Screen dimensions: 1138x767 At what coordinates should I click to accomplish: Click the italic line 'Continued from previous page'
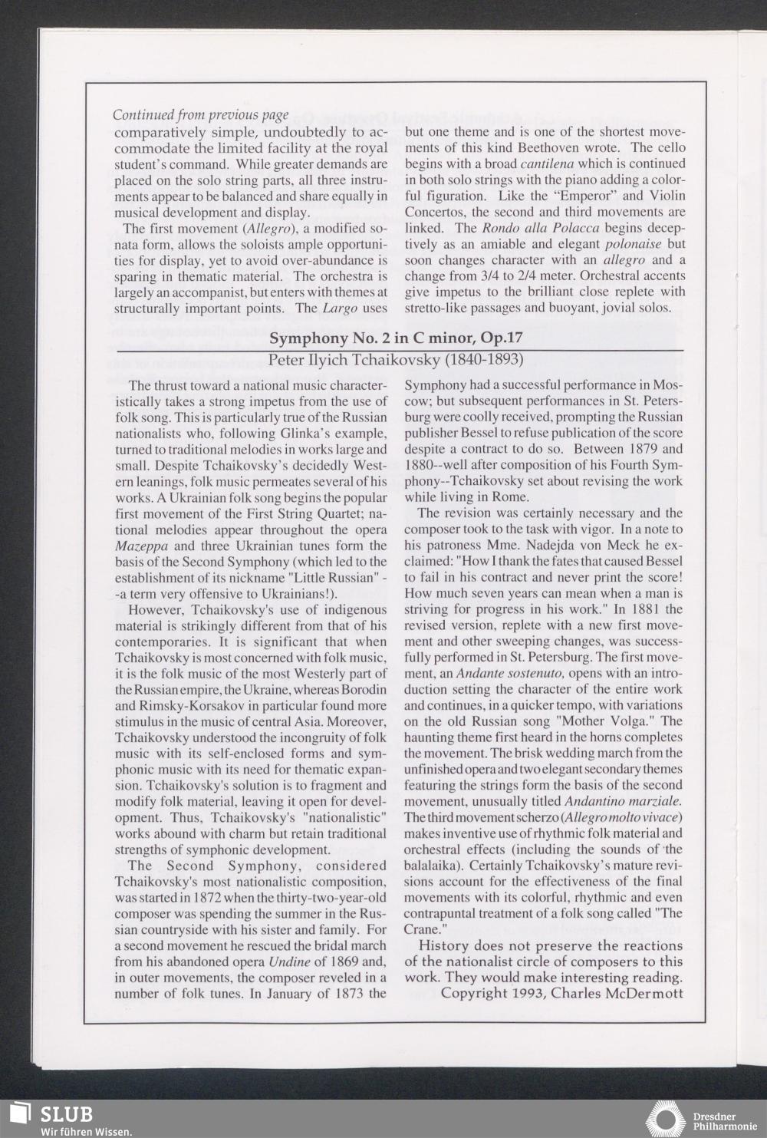tap(200, 115)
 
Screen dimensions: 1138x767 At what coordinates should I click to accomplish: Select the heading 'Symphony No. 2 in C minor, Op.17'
tap(396, 338)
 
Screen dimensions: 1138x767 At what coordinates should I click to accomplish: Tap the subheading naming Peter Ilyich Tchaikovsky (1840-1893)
tap(396, 359)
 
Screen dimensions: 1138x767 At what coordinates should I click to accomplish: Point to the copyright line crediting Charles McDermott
tap(562, 993)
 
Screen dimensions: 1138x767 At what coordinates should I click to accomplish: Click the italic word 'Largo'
tap(340, 308)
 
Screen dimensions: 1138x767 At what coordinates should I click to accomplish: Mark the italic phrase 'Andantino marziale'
tap(630, 801)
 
